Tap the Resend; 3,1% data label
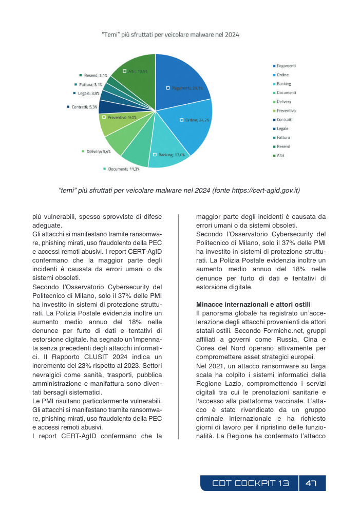(x=94, y=75)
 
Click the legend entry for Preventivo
(x=286, y=110)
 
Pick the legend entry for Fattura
(x=283, y=137)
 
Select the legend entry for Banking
(x=283, y=84)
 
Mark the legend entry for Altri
(x=280, y=155)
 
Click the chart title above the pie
(x=170, y=35)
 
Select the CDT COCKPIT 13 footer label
(x=251, y=483)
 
